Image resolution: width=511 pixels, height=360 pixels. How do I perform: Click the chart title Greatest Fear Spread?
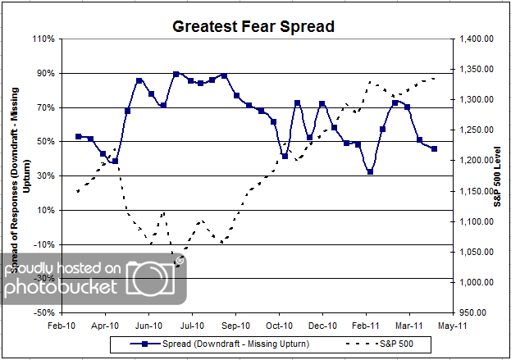click(x=253, y=26)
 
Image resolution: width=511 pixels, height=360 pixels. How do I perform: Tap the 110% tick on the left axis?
click(x=44, y=39)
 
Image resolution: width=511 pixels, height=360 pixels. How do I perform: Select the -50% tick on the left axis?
click(x=44, y=312)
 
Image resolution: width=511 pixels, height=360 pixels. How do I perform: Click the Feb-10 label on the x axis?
click(x=62, y=326)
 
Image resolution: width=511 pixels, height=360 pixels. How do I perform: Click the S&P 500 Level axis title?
click(x=497, y=175)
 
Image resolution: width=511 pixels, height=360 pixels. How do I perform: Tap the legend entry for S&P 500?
click(x=376, y=344)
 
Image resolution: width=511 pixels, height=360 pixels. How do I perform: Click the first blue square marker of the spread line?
click(x=78, y=136)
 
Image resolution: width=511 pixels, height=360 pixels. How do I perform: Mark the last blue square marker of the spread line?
click(x=434, y=148)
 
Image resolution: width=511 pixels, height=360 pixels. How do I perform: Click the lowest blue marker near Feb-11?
click(x=371, y=171)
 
